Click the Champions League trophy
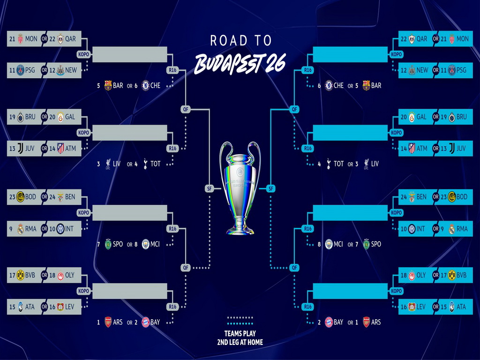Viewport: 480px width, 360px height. pyautogui.click(x=240, y=187)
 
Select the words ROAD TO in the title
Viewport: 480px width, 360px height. pyautogui.click(x=241, y=41)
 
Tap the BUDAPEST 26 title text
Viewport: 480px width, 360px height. pyautogui.click(x=240, y=63)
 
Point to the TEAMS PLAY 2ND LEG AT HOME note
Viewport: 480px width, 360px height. pyautogui.click(x=240, y=337)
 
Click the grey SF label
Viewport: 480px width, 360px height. pyautogui.click(x=209, y=188)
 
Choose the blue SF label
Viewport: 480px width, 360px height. pyautogui.click(x=270, y=188)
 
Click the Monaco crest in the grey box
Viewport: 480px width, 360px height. pyautogui.click(x=20, y=39)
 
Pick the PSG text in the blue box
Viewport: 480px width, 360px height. pyautogui.click(x=461, y=70)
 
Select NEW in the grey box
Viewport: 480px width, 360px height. pyautogui.click(x=71, y=70)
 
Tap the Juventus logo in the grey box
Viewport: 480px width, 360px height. pyautogui.click(x=20, y=149)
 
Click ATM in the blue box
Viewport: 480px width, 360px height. pyautogui.click(x=422, y=149)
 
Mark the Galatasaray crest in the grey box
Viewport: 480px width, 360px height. pyautogui.click(x=60, y=117)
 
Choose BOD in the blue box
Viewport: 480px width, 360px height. pyautogui.click(x=462, y=197)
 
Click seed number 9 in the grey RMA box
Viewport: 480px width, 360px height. pyautogui.click(x=10, y=229)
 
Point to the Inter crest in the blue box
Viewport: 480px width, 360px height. pyautogui.click(x=411, y=229)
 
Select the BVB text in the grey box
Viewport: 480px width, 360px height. pyautogui.click(x=31, y=275)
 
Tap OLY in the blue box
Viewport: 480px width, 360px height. pyautogui.click(x=421, y=275)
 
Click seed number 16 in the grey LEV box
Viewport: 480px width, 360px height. pyautogui.click(x=52, y=307)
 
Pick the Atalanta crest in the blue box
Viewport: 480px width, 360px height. pyautogui.click(x=451, y=307)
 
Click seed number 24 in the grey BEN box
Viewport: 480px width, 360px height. pyautogui.click(x=52, y=197)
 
